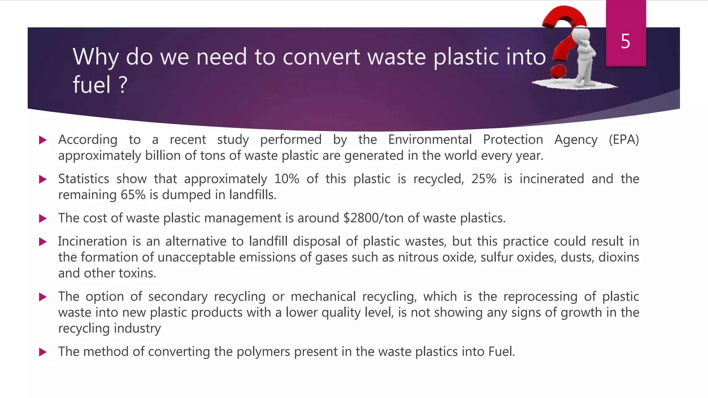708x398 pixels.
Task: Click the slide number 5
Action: pyautogui.click(x=625, y=41)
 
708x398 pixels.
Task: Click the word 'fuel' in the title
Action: pyautogui.click(x=91, y=85)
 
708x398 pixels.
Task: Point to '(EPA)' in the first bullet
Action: pyautogui.click(x=624, y=140)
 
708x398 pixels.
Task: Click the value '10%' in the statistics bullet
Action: pyautogui.click(x=287, y=179)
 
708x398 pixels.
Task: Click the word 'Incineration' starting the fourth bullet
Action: pyautogui.click(x=92, y=241)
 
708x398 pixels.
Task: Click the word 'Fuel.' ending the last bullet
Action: pyautogui.click(x=502, y=352)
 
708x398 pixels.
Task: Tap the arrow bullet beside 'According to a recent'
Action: pyautogui.click(x=43, y=140)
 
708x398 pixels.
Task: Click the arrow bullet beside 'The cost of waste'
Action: pyautogui.click(x=43, y=218)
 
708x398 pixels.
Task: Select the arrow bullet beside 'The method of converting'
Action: pyautogui.click(x=43, y=352)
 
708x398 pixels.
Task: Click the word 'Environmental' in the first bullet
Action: pyautogui.click(x=430, y=140)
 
